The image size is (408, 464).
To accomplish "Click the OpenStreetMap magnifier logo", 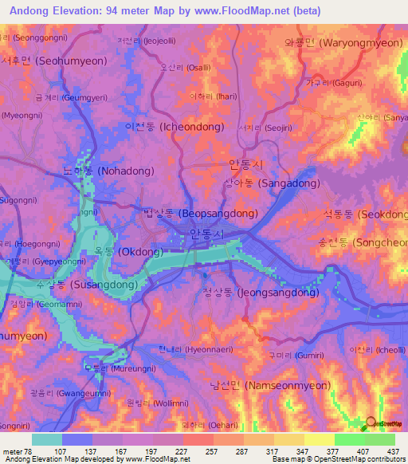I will pos(371,423).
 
